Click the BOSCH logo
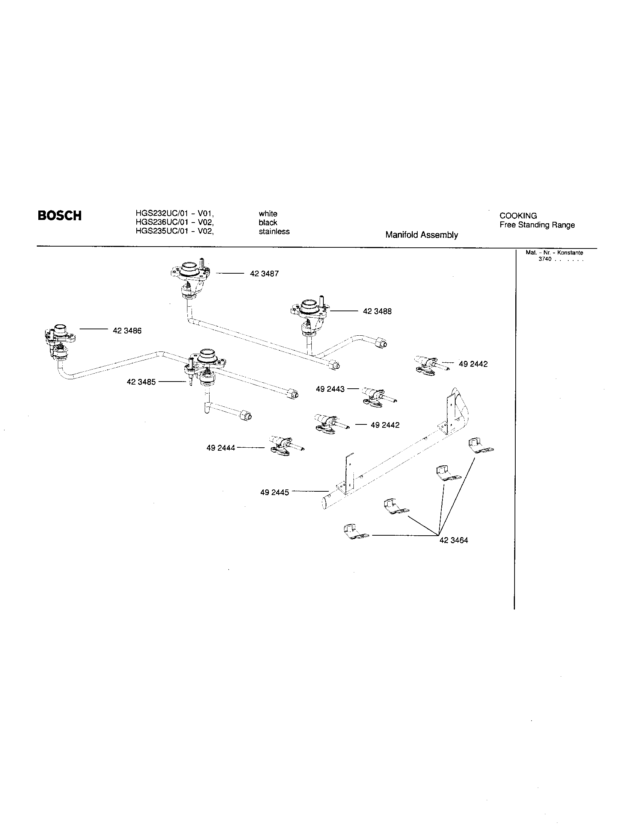pyautogui.click(x=59, y=215)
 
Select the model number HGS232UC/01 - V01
pyautogui.click(x=174, y=214)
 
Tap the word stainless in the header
pyautogui.click(x=274, y=231)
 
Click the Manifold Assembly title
pyautogui.click(x=421, y=235)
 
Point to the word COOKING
pyautogui.click(x=518, y=216)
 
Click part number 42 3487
pyautogui.click(x=264, y=273)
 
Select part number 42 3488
pyautogui.click(x=377, y=311)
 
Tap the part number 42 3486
pyautogui.click(x=127, y=330)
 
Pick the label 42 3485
pyautogui.click(x=141, y=382)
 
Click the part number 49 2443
pyautogui.click(x=330, y=389)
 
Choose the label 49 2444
pyautogui.click(x=220, y=448)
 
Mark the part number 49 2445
pyautogui.click(x=274, y=492)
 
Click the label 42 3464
pyautogui.click(x=454, y=540)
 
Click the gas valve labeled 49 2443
pyautogui.click(x=376, y=396)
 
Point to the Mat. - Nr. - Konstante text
pyautogui.click(x=554, y=253)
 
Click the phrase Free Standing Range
pyautogui.click(x=537, y=225)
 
